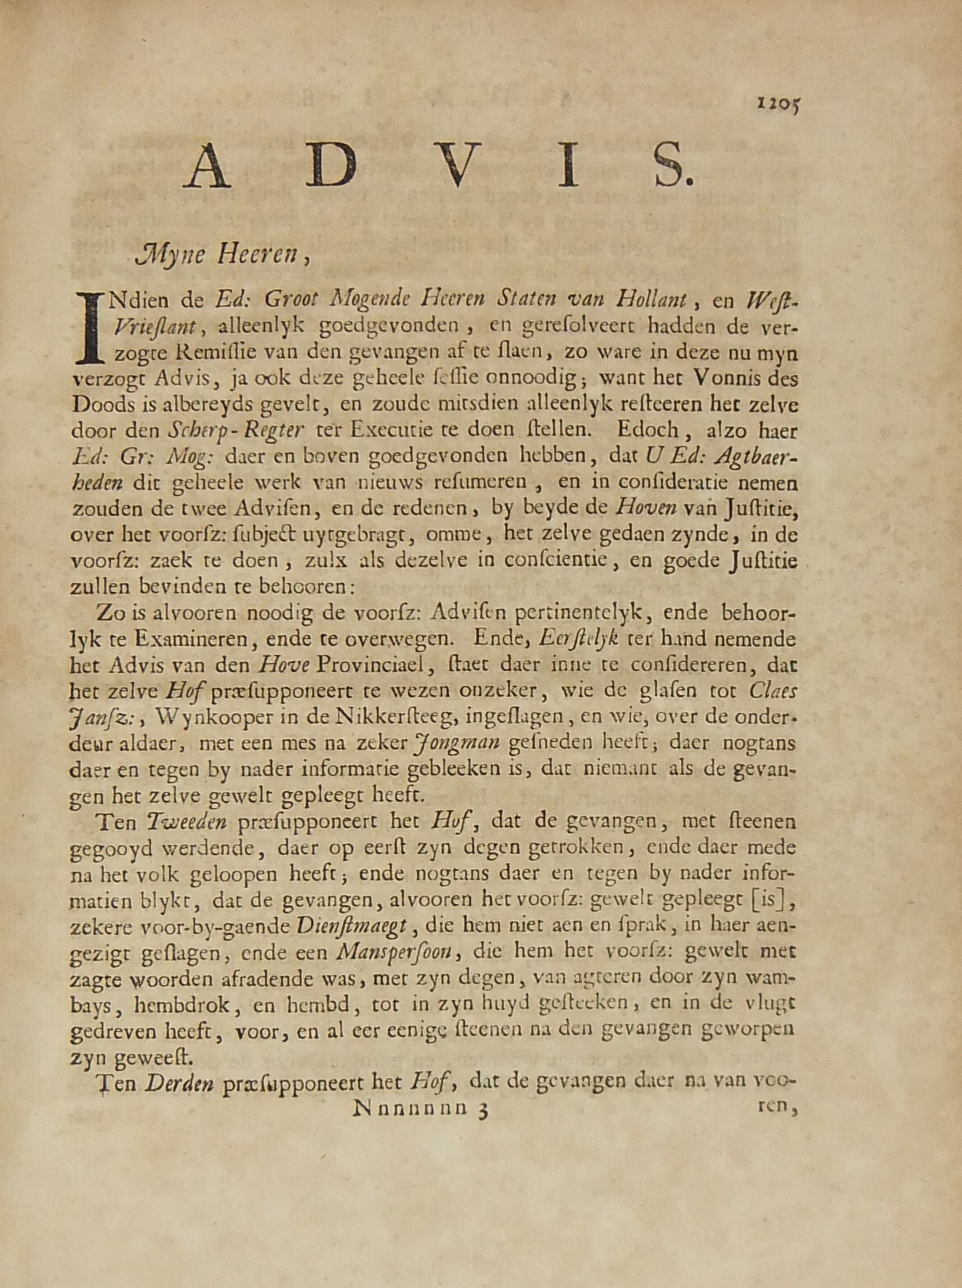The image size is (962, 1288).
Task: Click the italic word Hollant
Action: point(651,300)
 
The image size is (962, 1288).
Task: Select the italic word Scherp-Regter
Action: point(236,430)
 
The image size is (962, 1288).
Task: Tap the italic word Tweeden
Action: point(187,822)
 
